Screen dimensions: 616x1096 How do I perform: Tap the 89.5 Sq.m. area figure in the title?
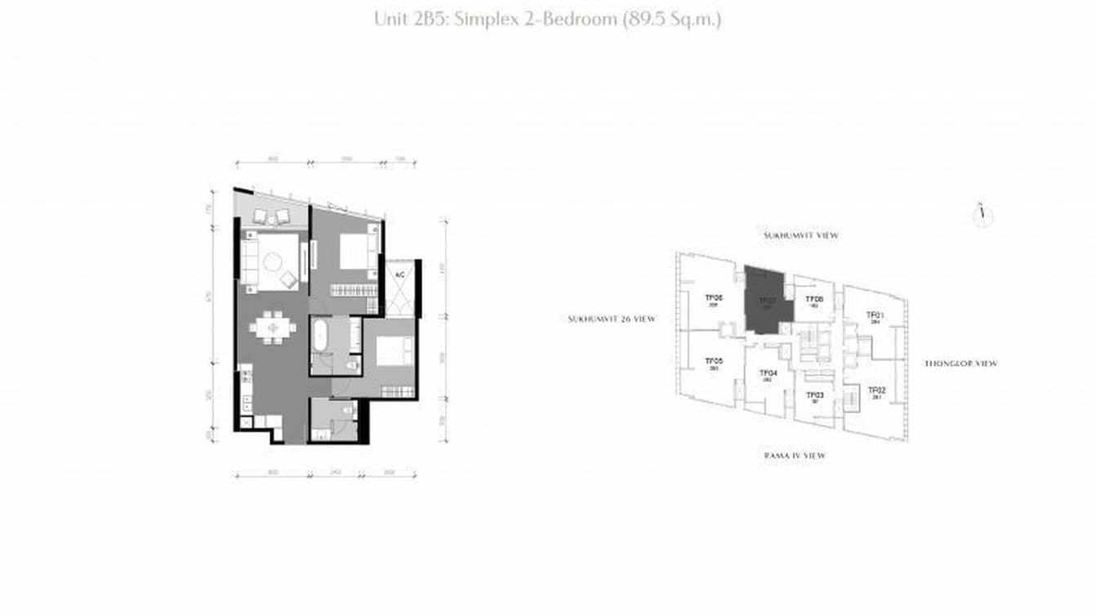[671, 19]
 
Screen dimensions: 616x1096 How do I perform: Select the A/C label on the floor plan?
[399, 275]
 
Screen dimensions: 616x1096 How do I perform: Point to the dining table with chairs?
[273, 328]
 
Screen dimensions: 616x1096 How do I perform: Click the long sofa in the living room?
[249, 260]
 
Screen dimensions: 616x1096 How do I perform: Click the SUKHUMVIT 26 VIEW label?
[612, 319]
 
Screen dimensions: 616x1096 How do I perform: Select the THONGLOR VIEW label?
[960, 364]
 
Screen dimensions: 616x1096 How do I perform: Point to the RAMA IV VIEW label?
[794, 455]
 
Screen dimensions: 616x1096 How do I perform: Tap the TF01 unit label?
[875, 315]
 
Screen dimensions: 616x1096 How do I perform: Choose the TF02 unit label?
[876, 391]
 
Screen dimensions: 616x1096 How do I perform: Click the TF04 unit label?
[768, 373]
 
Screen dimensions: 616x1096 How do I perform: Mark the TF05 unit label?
[713, 361]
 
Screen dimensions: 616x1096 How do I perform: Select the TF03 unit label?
[814, 395]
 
